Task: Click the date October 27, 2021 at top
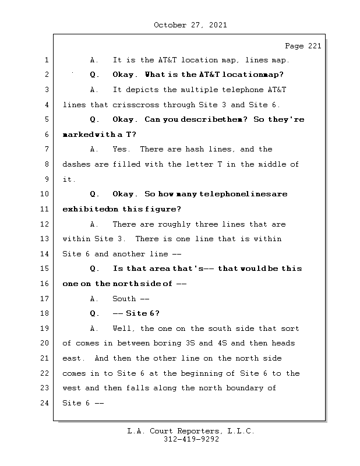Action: [x=190, y=25]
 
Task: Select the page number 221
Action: [x=315, y=46]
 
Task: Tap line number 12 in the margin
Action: [x=44, y=224]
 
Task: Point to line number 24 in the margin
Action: [x=44, y=403]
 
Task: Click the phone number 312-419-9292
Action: [x=191, y=439]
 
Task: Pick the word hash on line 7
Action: [x=195, y=149]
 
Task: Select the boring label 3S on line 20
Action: [x=190, y=343]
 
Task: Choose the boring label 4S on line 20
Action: [x=223, y=343]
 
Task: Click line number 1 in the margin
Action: [x=47, y=60]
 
